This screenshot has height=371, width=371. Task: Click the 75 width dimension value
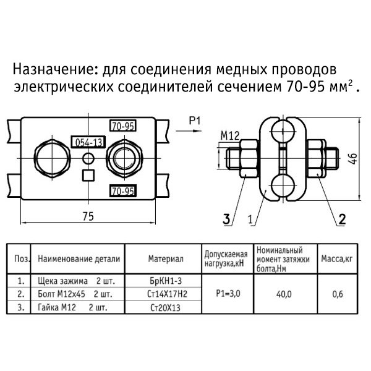point(88,216)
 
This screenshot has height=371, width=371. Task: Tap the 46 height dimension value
point(353,158)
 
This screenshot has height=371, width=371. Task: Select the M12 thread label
point(230,136)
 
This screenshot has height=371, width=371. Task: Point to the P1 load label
point(195,121)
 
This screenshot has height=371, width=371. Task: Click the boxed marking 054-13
point(88,142)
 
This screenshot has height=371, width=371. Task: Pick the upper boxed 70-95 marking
point(123,126)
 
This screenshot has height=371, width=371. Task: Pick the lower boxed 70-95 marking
point(123,191)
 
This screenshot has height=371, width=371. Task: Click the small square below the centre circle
point(88,176)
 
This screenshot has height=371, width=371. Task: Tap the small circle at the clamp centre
point(88,158)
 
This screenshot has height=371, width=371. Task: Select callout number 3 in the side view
point(226,219)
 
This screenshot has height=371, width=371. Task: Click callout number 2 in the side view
point(342,219)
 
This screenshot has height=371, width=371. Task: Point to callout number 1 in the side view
point(250,220)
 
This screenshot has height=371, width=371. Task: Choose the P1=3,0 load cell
point(228,294)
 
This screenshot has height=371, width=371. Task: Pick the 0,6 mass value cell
point(338,294)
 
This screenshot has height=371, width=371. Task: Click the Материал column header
point(166,259)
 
